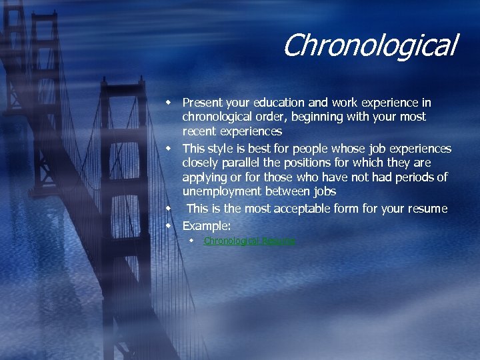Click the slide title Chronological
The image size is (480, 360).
369,46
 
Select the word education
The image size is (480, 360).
280,103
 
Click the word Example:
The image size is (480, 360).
207,225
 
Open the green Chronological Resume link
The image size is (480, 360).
249,241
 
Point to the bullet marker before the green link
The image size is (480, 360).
191,240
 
